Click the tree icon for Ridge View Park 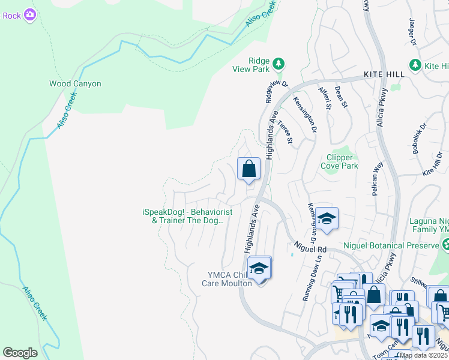[x=278, y=63]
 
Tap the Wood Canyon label [x=75, y=84]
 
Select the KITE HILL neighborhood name [x=385, y=74]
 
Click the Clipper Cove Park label [x=340, y=162]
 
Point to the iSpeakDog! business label [x=187, y=216]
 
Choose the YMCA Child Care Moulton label [x=226, y=279]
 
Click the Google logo [x=20, y=353]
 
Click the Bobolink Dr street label [x=419, y=140]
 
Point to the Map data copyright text [x=423, y=355]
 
